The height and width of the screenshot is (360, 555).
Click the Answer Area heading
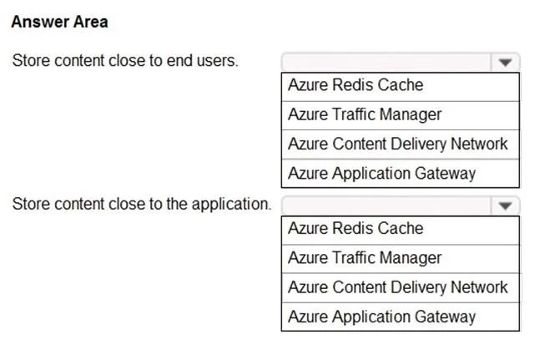pyautogui.click(x=59, y=22)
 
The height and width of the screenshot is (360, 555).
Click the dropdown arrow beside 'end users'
pyautogui.click(x=505, y=63)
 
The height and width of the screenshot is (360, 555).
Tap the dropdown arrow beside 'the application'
pyautogui.click(x=505, y=205)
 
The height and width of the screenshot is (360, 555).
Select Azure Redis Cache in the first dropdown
pyautogui.click(x=356, y=85)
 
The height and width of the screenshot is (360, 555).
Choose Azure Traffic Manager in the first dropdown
pyautogui.click(x=365, y=114)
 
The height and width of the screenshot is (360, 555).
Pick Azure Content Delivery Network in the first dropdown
pyautogui.click(x=398, y=144)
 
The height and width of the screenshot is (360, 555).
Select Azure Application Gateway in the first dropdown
pyautogui.click(x=382, y=173)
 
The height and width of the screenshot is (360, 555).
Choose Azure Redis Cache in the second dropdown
pyautogui.click(x=356, y=228)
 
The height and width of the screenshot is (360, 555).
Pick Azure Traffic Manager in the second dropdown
pyautogui.click(x=365, y=257)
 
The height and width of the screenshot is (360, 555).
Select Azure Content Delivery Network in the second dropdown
pyautogui.click(x=398, y=287)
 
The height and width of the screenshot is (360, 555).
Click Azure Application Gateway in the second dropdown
pyautogui.click(x=382, y=317)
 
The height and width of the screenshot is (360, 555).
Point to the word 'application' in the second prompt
pyautogui.click(x=231, y=205)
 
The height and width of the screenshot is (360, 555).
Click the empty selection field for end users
pyautogui.click(x=386, y=63)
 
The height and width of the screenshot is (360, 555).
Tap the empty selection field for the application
pyautogui.click(x=386, y=205)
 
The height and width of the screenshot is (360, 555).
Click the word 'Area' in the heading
pyautogui.click(x=91, y=22)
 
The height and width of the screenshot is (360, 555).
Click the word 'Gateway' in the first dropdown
pyautogui.click(x=445, y=174)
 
